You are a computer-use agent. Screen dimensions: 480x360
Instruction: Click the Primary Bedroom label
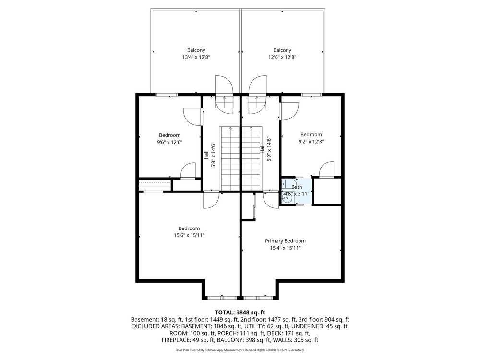coord(285,241)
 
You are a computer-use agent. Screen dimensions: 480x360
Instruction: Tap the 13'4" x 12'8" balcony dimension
coord(196,57)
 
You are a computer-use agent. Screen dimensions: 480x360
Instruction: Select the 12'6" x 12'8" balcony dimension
coord(282,57)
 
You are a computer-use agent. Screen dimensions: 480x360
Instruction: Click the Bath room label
coord(297,187)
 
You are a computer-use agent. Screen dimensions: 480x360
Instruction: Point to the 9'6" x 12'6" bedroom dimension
coord(169,142)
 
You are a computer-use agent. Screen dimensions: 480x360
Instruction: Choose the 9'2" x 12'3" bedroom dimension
coord(311,142)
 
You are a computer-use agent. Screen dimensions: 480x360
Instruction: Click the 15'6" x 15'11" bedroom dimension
coord(189,235)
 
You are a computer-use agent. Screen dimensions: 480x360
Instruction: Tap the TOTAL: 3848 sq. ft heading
coord(240,312)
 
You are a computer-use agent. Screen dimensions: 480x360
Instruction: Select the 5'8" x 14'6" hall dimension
coord(214,155)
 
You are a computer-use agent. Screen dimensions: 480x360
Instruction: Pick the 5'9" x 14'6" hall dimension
coord(269,149)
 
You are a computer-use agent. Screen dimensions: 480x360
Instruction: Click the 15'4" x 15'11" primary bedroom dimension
coord(285,248)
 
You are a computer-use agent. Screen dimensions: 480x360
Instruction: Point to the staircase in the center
coord(240,158)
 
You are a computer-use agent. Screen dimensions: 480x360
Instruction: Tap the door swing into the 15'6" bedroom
coord(211,200)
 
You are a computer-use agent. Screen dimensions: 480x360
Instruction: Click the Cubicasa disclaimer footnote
coord(240,350)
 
